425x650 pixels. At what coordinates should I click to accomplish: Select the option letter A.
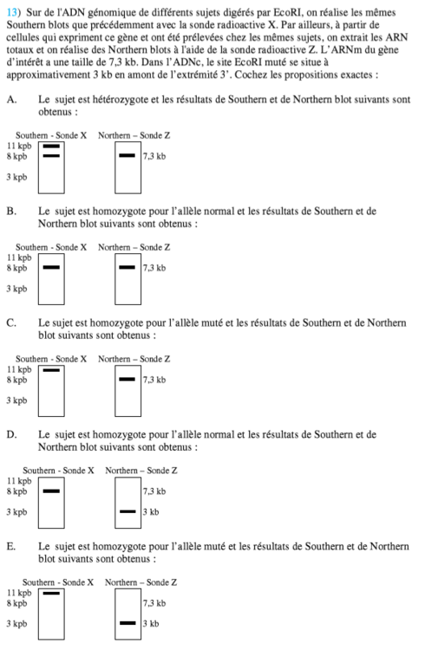pos(10,101)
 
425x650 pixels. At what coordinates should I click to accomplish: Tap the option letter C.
pos(10,323)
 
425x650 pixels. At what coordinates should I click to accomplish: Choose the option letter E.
pos(10,547)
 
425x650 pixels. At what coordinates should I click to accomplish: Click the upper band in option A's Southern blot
pos(51,147)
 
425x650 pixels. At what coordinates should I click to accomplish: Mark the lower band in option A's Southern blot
pos(51,157)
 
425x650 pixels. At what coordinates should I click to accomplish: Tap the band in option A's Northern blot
pos(127,157)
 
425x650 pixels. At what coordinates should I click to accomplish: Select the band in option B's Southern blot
pos(51,268)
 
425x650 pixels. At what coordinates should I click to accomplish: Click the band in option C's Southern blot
pos(51,370)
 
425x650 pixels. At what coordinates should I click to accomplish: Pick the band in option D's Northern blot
pos(127,511)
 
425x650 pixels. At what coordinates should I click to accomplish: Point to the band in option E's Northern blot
pos(127,622)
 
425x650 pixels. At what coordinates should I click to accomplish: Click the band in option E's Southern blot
pos(51,594)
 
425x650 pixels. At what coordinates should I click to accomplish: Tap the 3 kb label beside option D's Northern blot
pos(151,511)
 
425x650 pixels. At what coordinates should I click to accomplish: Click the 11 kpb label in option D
pos(17,481)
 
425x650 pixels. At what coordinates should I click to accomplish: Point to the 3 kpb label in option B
pos(16,289)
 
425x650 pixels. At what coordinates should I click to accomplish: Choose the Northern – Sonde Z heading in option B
pos(134,247)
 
